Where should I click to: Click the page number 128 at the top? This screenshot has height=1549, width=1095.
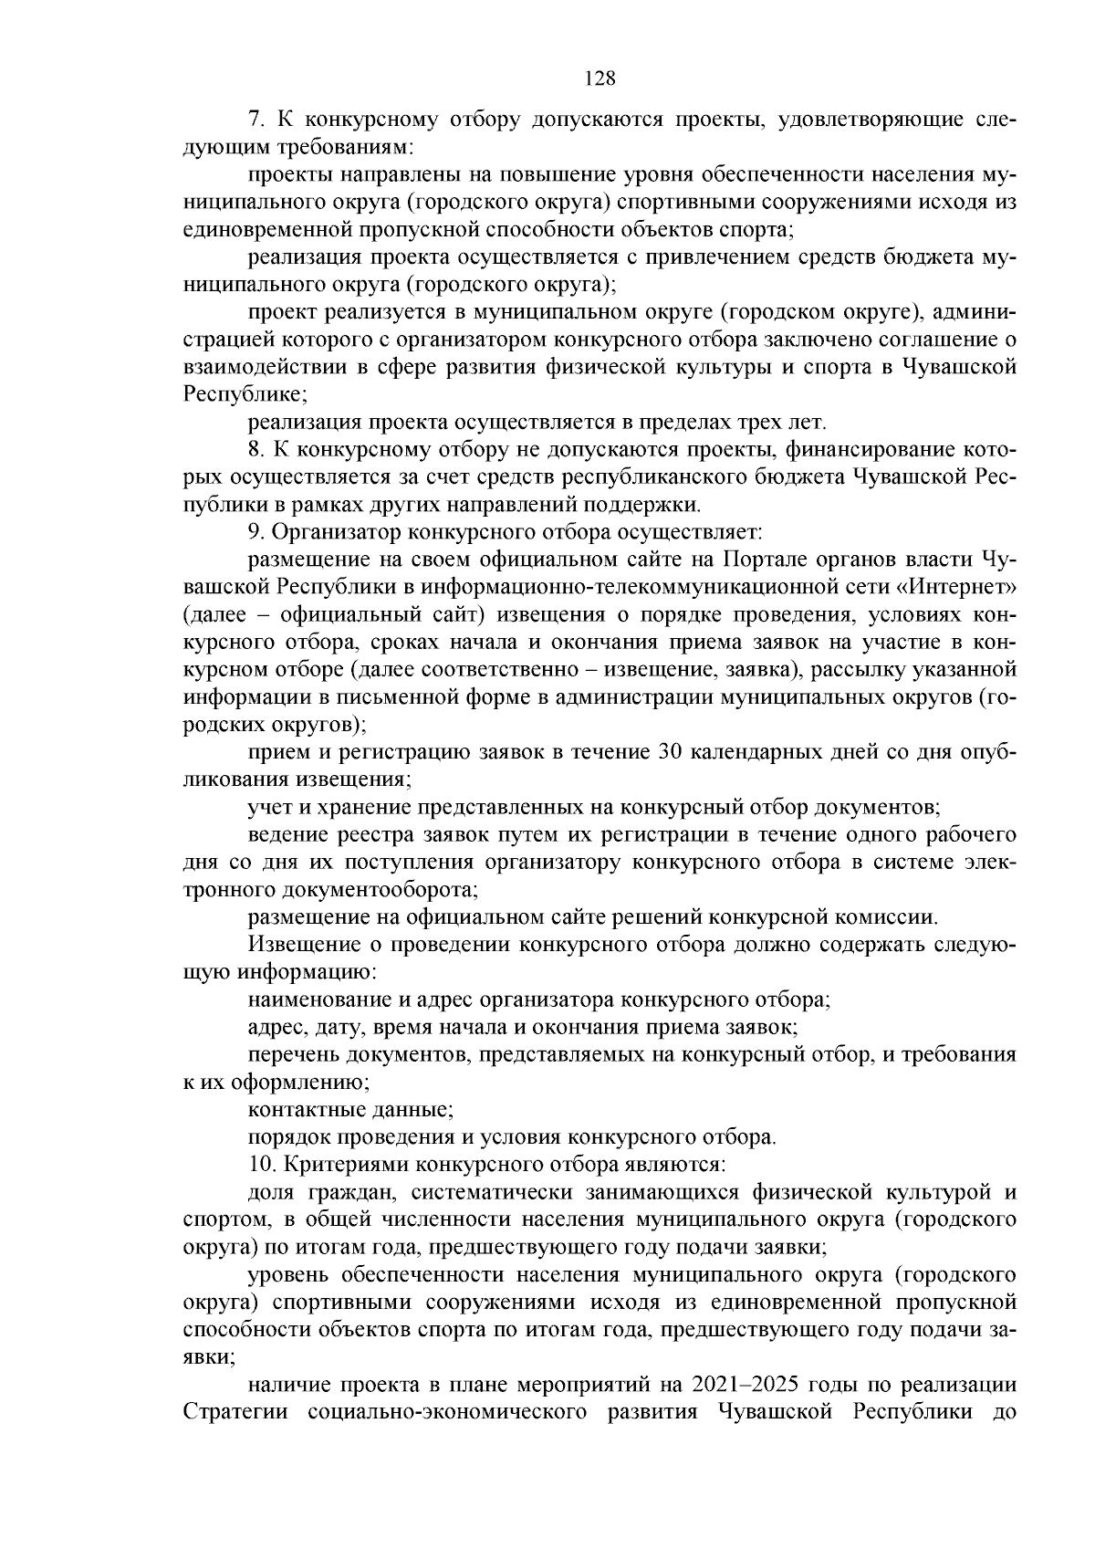point(600,78)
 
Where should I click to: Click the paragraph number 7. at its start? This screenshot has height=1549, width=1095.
point(255,120)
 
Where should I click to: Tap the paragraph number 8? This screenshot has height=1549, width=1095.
point(255,449)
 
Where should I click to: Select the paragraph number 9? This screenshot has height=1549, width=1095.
point(255,531)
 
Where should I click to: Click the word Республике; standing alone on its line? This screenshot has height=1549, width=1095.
point(245,395)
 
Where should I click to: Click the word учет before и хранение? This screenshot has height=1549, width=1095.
point(267,807)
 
